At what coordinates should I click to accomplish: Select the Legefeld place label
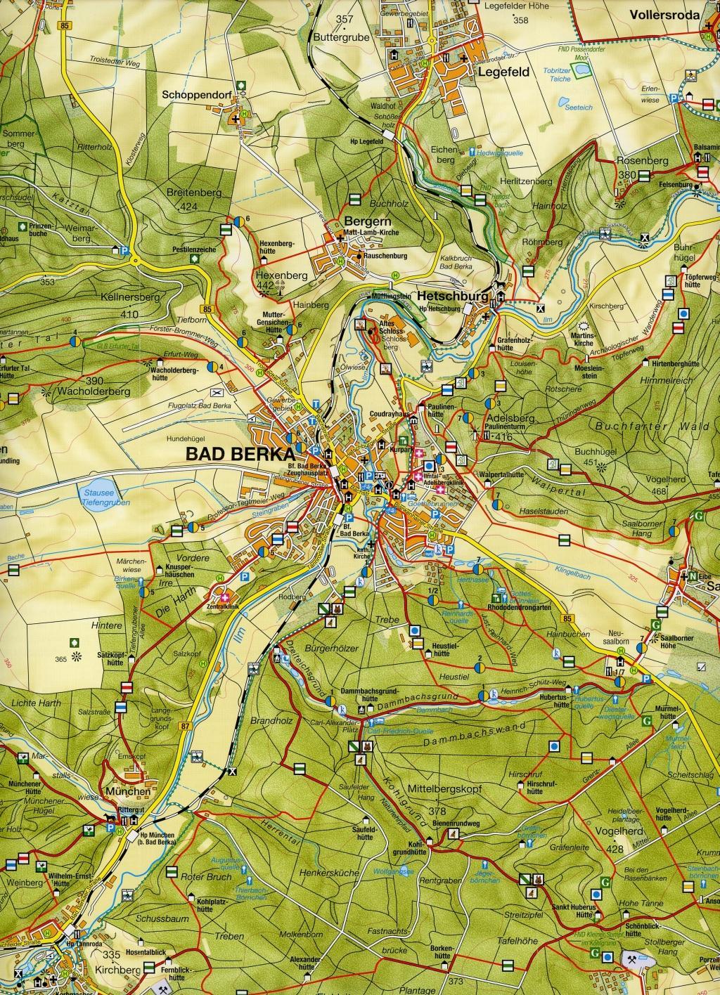pyautogui.click(x=503, y=72)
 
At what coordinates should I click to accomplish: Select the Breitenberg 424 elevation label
pyautogui.click(x=190, y=197)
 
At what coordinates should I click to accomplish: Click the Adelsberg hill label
pyautogui.click(x=501, y=417)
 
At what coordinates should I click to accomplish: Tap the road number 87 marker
pyautogui.click(x=185, y=725)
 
